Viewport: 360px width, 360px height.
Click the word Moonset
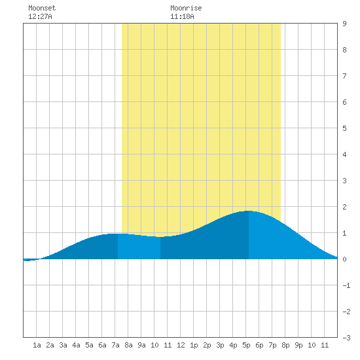click(42, 8)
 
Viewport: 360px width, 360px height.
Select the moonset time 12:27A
click(40, 16)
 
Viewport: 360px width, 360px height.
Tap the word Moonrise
click(186, 8)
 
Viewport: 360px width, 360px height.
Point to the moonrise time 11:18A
click(182, 16)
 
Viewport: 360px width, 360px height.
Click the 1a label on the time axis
click(37, 345)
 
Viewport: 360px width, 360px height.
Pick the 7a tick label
click(115, 345)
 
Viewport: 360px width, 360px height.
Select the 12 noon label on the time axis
click(181, 345)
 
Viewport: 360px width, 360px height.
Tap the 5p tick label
click(246, 345)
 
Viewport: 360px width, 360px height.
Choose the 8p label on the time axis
click(285, 345)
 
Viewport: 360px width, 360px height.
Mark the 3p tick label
click(220, 345)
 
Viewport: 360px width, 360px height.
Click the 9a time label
click(141, 345)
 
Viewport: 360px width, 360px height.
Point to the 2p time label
click(207, 345)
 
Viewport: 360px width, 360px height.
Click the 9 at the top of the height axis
click(344, 24)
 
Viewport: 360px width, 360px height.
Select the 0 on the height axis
click(344, 259)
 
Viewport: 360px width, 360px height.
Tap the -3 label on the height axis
click(346, 338)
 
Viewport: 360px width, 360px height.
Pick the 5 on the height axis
click(344, 128)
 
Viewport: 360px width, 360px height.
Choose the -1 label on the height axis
click(346, 285)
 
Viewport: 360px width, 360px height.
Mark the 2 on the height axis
click(344, 207)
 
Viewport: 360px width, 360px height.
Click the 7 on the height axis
click(344, 76)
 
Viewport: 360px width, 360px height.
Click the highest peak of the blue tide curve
click(249, 211)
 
